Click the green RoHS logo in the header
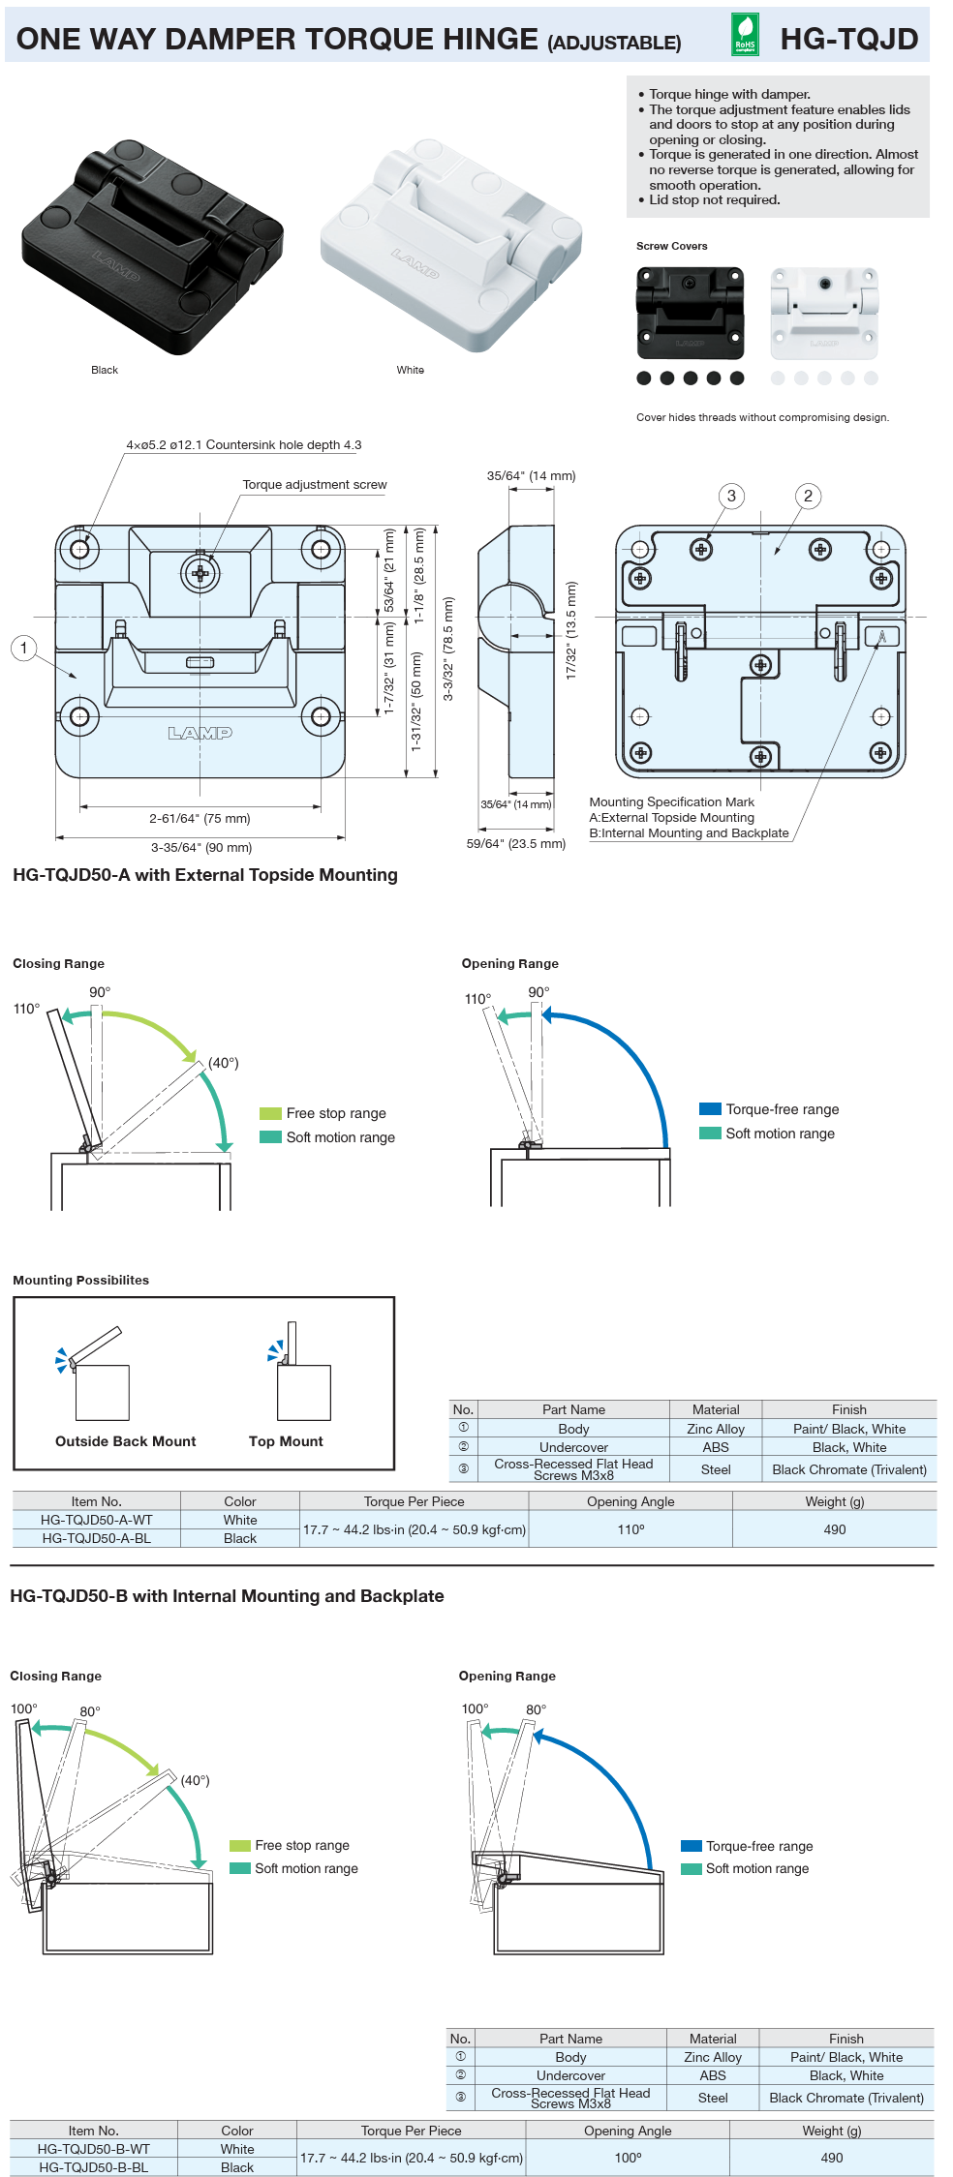point(744,35)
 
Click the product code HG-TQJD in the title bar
point(848,39)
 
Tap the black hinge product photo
point(152,246)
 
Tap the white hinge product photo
point(450,246)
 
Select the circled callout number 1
point(24,648)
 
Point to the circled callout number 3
point(731,496)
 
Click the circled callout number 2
point(808,496)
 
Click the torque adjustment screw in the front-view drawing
point(200,573)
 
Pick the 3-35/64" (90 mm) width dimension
point(201,847)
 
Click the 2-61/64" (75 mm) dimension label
point(200,818)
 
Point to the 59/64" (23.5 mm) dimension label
point(515,843)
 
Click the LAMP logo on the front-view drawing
point(200,733)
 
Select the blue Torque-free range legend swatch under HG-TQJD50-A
point(710,1109)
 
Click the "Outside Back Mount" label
point(125,1441)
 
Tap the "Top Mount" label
point(286,1441)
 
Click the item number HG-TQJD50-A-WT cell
point(96,1520)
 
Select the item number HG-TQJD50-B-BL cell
point(93,2167)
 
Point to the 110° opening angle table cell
point(630,1529)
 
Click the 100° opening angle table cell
point(628,2158)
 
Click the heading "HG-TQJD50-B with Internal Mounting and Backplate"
point(227,1596)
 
